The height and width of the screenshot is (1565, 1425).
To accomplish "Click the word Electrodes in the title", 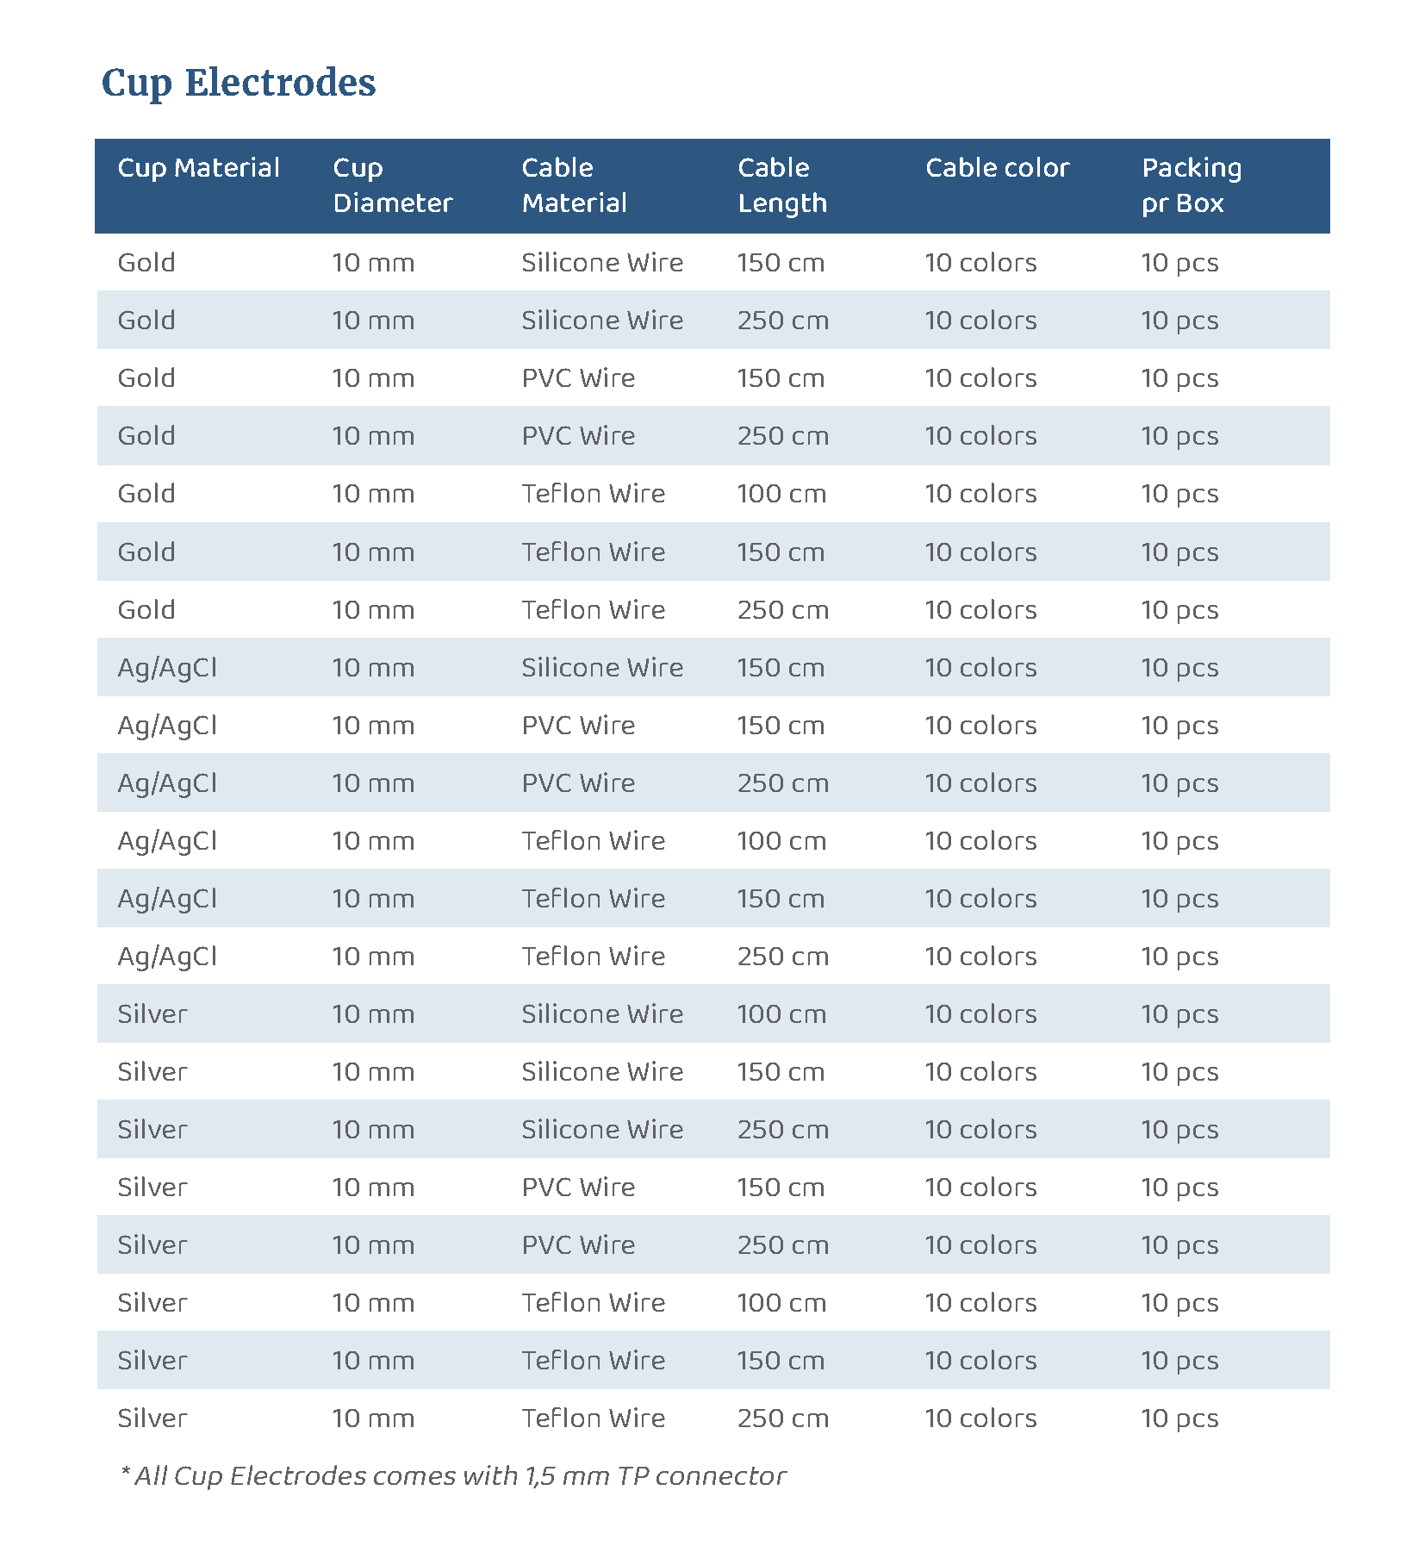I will coord(280,83).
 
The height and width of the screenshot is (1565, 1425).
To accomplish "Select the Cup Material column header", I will coord(198,167).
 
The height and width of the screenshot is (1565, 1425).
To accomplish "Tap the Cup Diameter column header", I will coord(392,185).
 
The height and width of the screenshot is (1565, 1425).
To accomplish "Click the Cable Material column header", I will coord(574,185).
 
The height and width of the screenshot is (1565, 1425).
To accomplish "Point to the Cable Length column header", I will coord(781,185).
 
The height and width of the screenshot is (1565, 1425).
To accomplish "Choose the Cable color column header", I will coord(997,167).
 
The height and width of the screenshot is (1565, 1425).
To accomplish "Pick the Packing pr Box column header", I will coord(1192,185).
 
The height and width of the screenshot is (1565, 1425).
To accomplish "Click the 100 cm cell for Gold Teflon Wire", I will coord(781,494).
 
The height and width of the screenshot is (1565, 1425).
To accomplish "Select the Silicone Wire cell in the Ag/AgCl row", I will coord(601,668).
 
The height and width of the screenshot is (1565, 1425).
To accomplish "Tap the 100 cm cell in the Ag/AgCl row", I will coord(781,841).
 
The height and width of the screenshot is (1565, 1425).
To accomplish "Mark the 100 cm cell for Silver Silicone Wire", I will coord(781,1014).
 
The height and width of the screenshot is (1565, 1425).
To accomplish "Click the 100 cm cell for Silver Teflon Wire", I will coord(781,1303).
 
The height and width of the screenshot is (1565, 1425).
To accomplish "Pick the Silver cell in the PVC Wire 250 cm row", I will coord(152,1245).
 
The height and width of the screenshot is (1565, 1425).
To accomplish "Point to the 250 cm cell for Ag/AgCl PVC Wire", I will coord(782,783).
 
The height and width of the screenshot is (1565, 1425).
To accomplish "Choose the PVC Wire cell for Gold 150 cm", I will coord(578,378).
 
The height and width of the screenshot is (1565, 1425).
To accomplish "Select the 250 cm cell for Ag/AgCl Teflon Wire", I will coord(782,957).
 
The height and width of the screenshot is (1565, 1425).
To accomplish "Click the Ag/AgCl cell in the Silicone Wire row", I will coord(167,668).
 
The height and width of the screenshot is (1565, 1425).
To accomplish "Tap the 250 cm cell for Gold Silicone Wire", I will coord(782,321).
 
